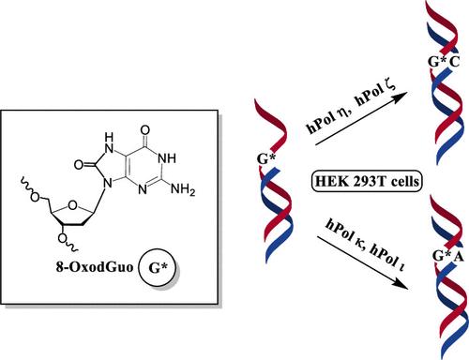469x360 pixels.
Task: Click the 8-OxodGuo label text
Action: (95, 267)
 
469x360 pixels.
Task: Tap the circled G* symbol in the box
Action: (158, 268)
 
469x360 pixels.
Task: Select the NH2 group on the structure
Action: (183, 189)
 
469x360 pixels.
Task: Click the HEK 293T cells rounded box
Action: (367, 181)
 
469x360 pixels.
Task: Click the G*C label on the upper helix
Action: (444, 62)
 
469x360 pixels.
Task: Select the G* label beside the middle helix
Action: (266, 159)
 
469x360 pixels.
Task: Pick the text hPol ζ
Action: (376, 93)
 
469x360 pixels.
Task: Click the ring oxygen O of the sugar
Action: (72, 205)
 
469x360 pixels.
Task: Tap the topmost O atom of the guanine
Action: (145, 130)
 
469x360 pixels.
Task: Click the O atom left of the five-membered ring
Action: (79, 165)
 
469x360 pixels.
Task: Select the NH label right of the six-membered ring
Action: (167, 158)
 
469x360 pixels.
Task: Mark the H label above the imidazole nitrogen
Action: (109, 137)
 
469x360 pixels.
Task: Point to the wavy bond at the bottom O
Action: (72, 247)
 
